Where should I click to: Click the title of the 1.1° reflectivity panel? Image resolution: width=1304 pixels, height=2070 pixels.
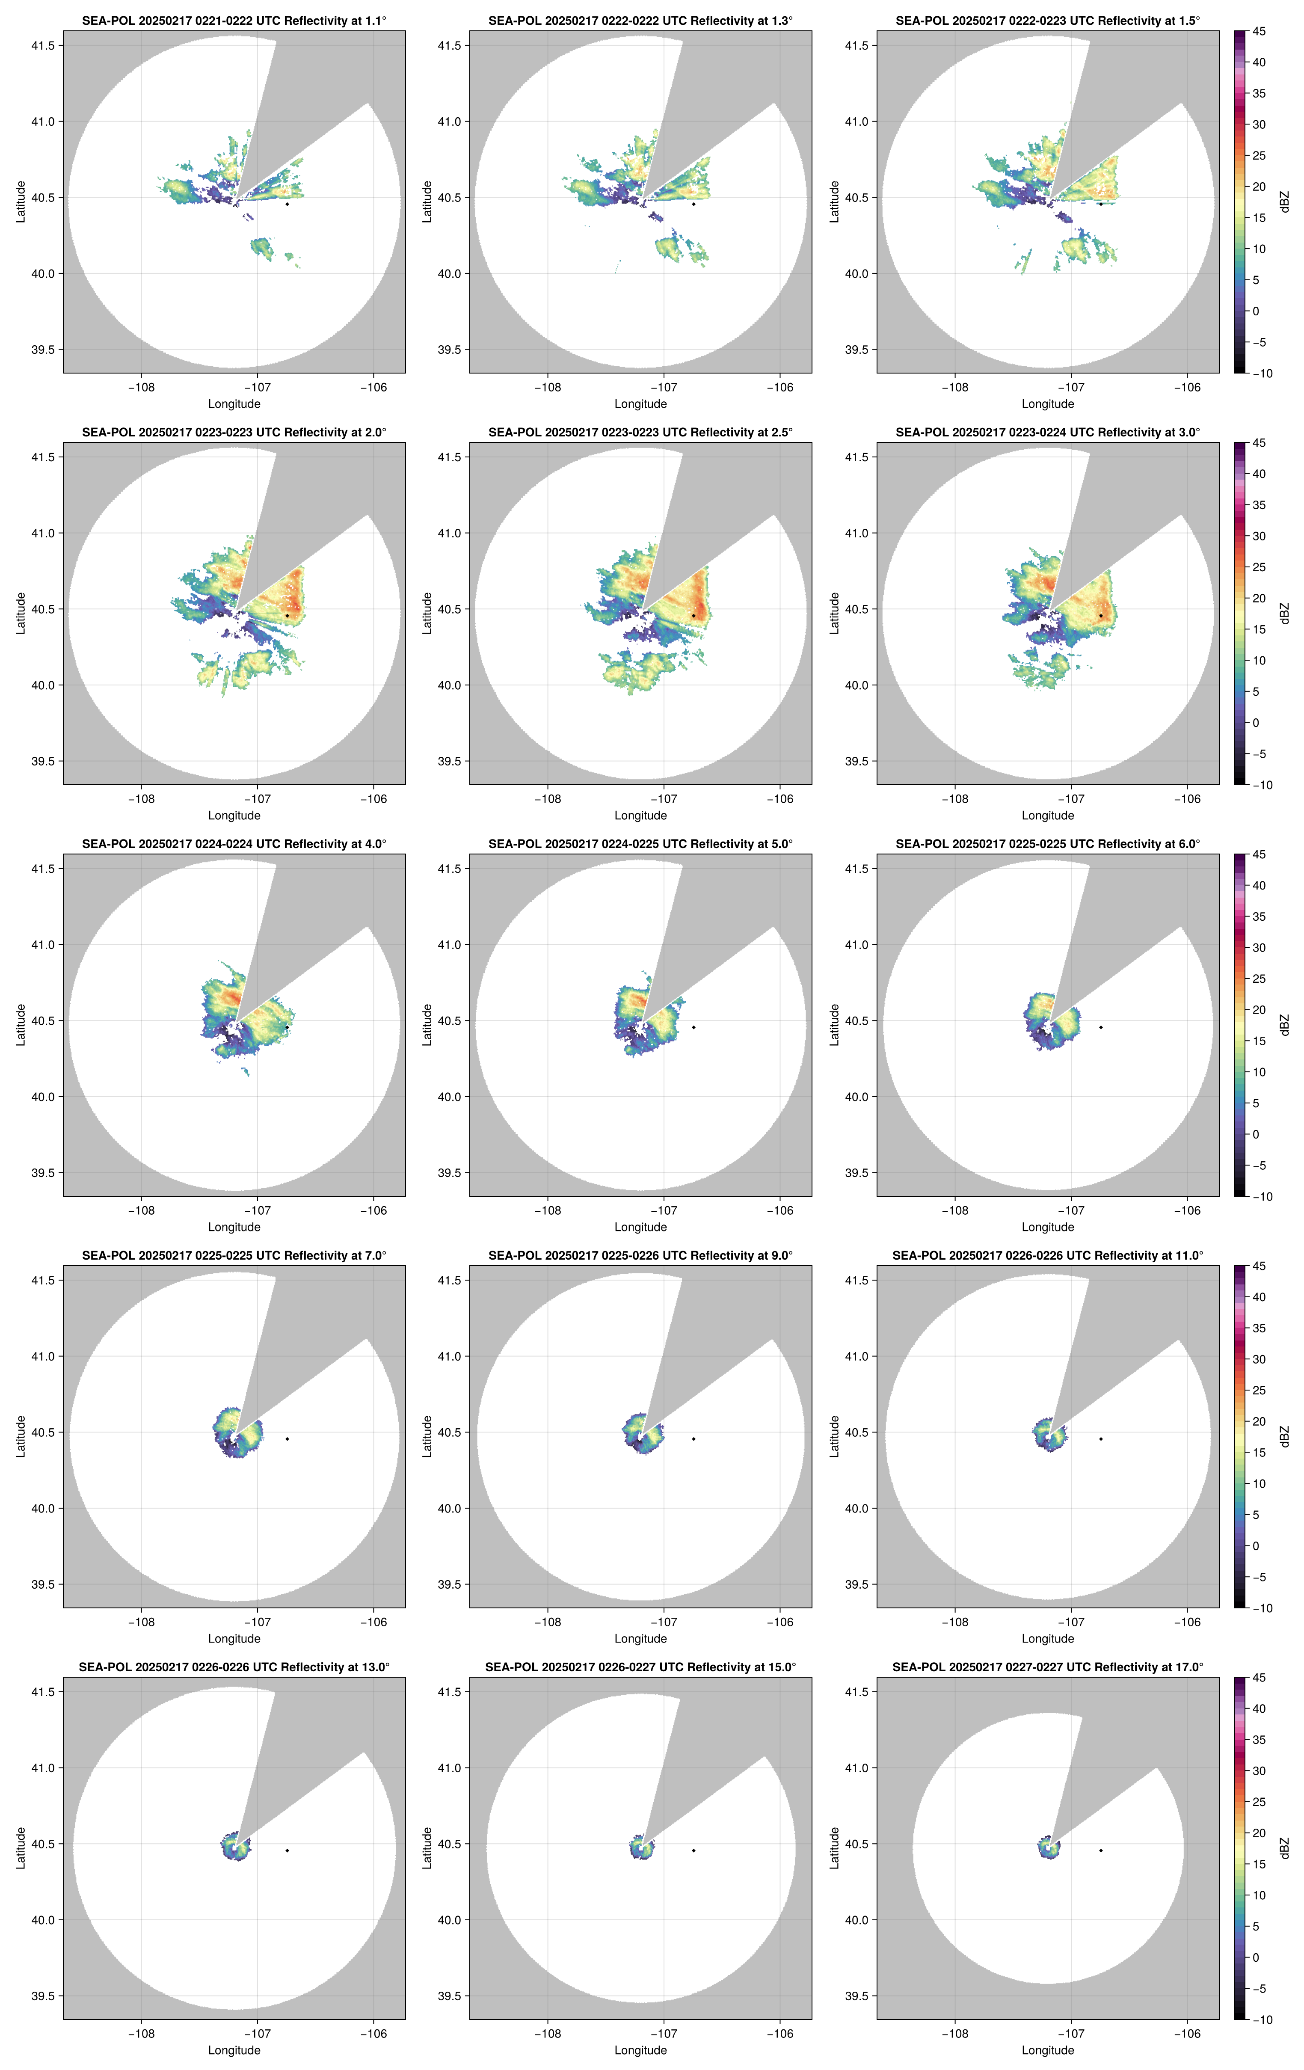coord(234,21)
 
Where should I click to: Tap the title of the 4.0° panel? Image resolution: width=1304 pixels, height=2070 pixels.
coord(234,844)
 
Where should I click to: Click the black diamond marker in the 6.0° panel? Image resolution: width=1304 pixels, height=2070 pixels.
coord(1100,1027)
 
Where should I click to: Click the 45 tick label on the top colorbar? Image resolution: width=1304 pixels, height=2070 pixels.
coord(1259,32)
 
